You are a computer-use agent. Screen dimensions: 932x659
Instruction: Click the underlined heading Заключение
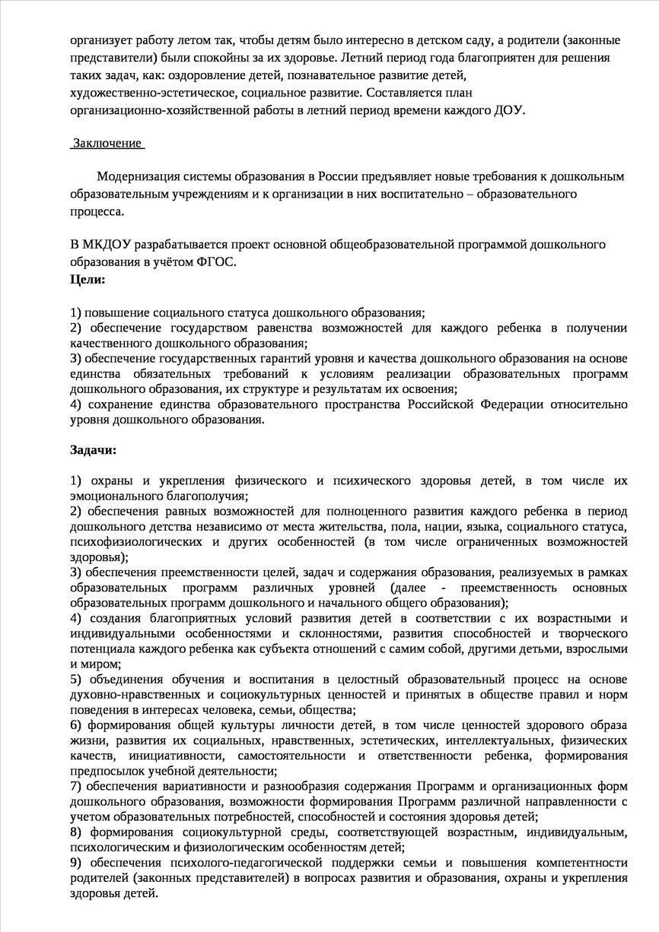point(107,144)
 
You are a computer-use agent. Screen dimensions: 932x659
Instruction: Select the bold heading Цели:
point(88,279)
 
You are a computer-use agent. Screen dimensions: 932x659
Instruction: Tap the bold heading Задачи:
point(93,449)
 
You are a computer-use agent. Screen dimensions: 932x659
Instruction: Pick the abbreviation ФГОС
point(219,262)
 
